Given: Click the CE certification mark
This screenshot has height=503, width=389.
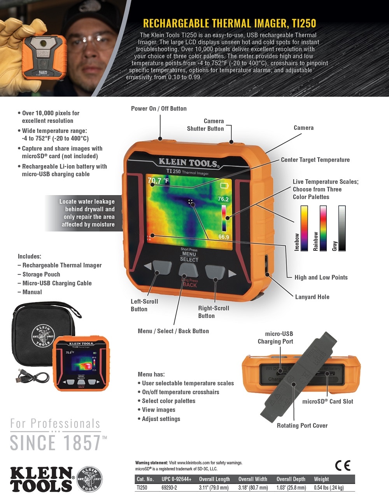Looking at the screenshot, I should (x=342, y=465).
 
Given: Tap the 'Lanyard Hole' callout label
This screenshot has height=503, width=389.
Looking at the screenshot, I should (x=312, y=297).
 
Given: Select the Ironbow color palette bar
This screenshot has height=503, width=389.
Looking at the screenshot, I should (x=304, y=228).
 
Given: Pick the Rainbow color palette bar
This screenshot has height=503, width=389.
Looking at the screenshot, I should (x=323, y=228).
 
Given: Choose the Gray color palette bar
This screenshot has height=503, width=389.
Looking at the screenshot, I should (x=342, y=228).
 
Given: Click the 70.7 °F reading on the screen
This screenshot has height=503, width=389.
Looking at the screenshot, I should (x=158, y=181).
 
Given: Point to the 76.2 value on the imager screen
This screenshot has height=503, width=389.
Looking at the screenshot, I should (x=223, y=199).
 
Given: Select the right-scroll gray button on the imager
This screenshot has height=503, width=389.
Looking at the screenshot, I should (x=215, y=272).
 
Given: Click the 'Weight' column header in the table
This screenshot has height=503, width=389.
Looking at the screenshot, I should (x=321, y=479).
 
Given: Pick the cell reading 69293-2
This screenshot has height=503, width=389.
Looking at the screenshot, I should (x=169, y=487).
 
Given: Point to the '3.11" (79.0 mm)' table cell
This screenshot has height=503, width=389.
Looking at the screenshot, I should (x=214, y=487).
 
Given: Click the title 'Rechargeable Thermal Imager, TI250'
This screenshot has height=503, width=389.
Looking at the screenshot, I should (x=230, y=23).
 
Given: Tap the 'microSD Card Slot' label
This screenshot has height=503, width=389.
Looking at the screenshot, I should (x=328, y=402).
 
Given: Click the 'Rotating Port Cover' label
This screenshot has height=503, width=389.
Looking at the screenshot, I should (x=302, y=426).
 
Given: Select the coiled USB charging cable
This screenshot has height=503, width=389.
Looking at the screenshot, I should (x=33, y=376).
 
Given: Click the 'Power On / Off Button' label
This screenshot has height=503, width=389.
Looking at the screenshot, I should (x=159, y=108).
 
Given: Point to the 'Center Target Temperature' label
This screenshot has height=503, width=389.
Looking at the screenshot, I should (x=315, y=160).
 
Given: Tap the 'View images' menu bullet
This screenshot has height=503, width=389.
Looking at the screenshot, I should (x=158, y=410).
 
